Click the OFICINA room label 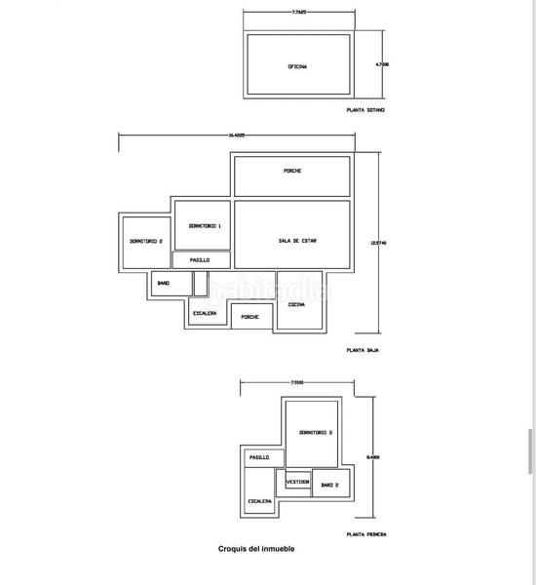pyautogui.click(x=297, y=67)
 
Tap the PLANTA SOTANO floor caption pyautogui.click(x=366, y=110)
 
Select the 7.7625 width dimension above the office pyautogui.click(x=300, y=13)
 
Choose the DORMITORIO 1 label pyautogui.click(x=205, y=225)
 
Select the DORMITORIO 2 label pyautogui.click(x=145, y=241)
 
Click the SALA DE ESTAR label pyautogui.click(x=297, y=241)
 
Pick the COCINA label pyautogui.click(x=295, y=305)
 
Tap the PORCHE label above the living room pyautogui.click(x=292, y=171)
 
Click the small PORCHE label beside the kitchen pyautogui.click(x=250, y=317)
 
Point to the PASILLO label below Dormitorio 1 pyautogui.click(x=201, y=259)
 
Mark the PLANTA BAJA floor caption pyautogui.click(x=362, y=348)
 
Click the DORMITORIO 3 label pyautogui.click(x=316, y=432)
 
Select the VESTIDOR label pyautogui.click(x=297, y=482)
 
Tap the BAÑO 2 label pyautogui.click(x=329, y=484)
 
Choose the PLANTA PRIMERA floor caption pyautogui.click(x=365, y=534)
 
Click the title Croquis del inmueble pyautogui.click(x=256, y=549)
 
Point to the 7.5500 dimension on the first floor pyautogui.click(x=296, y=382)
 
